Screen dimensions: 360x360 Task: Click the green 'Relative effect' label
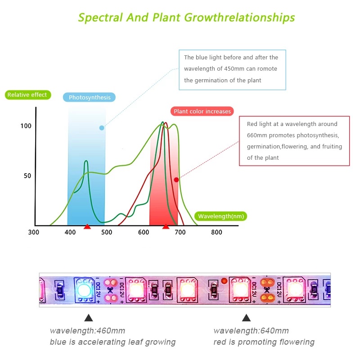[x=27, y=95]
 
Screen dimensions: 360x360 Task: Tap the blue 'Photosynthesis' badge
[x=90, y=97]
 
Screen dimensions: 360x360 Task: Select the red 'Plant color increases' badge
[x=202, y=111]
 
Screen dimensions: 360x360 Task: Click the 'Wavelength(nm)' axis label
[x=221, y=216]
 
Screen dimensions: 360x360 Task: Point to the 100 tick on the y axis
[x=26, y=126]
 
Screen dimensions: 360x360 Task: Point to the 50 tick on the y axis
[x=28, y=175]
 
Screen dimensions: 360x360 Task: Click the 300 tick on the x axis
[x=34, y=233]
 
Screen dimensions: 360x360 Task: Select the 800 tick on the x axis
[x=216, y=233]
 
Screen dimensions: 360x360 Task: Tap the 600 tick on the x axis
[x=144, y=233]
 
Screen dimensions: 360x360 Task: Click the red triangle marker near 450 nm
[x=87, y=226]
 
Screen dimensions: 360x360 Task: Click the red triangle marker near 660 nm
[x=166, y=226]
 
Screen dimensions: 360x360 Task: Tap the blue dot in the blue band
[x=102, y=128]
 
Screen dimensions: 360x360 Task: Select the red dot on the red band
[x=176, y=180]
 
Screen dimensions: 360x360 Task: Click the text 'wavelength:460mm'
[x=87, y=331]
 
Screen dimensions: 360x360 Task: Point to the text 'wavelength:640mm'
[x=251, y=331]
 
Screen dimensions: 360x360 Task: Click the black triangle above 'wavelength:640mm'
[x=246, y=318]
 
